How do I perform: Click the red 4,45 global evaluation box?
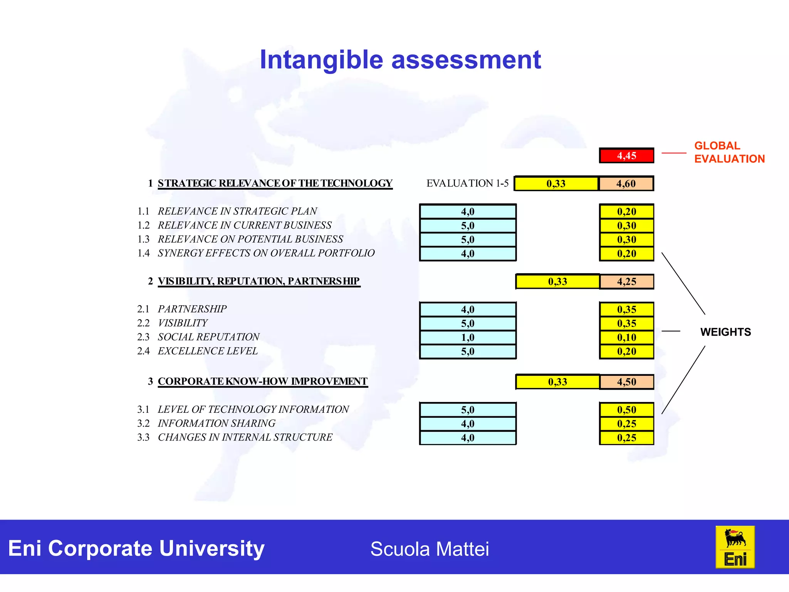point(626,156)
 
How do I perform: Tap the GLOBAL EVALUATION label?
point(729,152)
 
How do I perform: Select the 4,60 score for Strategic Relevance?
point(626,183)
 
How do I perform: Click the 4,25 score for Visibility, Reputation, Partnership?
point(626,282)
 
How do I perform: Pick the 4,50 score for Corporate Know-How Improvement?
point(626,382)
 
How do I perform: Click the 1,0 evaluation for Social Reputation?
point(468,338)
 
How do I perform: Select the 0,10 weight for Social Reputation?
point(626,338)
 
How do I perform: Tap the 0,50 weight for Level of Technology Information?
point(626,410)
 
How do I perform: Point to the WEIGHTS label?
point(725,332)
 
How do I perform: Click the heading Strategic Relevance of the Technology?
point(275,183)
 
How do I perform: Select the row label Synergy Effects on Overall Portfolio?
point(266,253)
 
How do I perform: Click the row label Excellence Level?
point(208,351)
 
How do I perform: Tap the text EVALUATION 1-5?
point(467,183)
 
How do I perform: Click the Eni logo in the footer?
point(735,547)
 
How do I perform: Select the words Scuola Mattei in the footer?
point(430,549)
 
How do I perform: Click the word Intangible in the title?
point(321,60)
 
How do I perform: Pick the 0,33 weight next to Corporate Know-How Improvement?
point(557,382)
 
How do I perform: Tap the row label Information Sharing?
point(217,424)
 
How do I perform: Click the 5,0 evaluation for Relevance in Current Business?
point(468,226)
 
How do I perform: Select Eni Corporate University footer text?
point(136,548)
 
